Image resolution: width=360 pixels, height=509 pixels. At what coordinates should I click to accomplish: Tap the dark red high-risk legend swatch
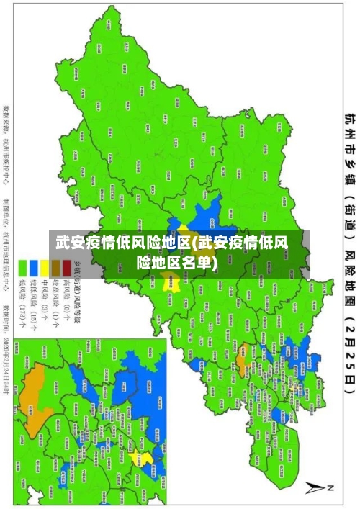pyautogui.click(x=67, y=268)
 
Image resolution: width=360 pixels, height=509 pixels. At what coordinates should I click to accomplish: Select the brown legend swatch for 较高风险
pyautogui.click(x=56, y=268)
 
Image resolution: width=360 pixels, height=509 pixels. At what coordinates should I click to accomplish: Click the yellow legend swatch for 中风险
pyautogui.click(x=45, y=268)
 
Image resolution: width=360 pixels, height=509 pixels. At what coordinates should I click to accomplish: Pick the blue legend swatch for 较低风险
pyautogui.click(x=34, y=268)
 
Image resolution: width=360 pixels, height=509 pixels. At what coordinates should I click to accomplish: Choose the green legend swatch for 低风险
pyautogui.click(x=22, y=268)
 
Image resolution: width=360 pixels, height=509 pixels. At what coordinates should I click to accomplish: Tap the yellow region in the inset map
pyautogui.click(x=146, y=479)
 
